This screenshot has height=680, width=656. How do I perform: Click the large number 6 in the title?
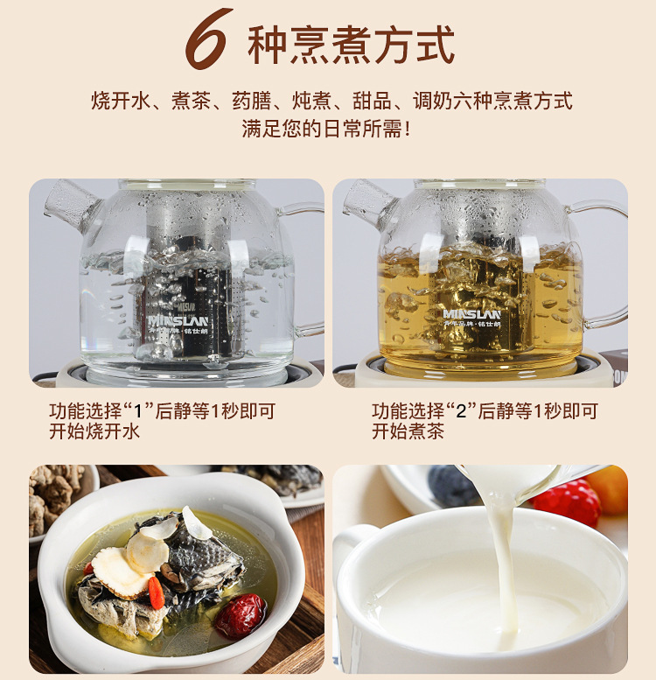[x=207, y=39]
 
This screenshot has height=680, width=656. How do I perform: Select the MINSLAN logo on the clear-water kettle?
[x=178, y=321]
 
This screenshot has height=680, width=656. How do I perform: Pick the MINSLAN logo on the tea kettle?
[x=471, y=314]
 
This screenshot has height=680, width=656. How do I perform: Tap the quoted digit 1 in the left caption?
[x=139, y=411]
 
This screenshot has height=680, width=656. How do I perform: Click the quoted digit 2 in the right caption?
[x=461, y=411]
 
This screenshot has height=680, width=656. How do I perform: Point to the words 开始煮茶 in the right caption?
[x=408, y=431]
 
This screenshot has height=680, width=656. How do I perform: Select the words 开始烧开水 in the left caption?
[x=94, y=431]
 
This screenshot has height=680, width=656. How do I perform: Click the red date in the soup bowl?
[x=241, y=616]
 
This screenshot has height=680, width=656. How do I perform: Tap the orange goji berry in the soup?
[x=157, y=592]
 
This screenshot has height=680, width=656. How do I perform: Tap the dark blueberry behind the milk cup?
[x=450, y=485]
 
